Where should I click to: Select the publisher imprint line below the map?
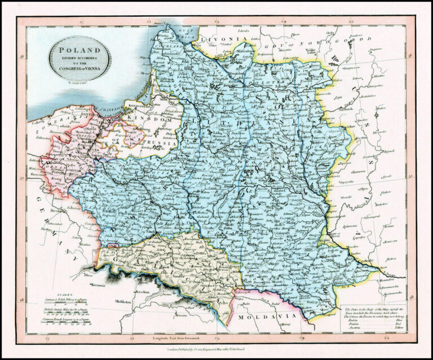(x=216, y=350)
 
